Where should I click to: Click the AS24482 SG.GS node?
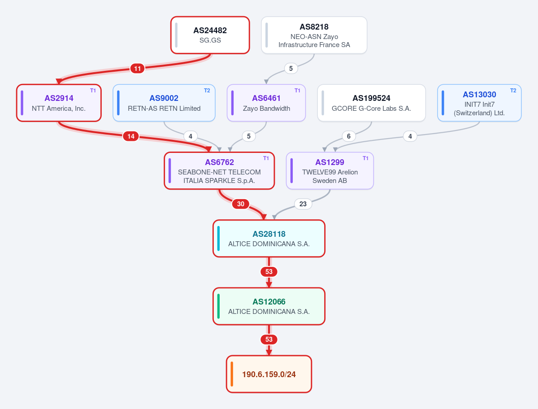pos(210,35)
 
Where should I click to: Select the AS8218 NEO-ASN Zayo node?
pos(314,35)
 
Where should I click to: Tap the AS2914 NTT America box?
pos(59,103)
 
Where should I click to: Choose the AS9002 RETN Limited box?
pos(164,103)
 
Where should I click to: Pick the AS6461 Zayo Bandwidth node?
pos(266,103)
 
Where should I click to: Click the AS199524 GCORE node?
pos(371,103)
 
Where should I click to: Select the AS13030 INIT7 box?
pos(479,103)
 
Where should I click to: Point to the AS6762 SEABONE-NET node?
pos(219,171)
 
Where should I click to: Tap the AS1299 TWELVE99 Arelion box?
pos(330,171)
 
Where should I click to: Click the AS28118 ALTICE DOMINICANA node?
pos(269,239)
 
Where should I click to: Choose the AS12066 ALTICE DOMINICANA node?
pos(269,306)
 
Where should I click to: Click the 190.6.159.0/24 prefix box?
pos(269,374)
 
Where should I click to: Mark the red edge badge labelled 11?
pos(138,68)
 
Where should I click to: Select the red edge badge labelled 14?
pos(131,136)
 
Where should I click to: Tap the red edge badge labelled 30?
pos(241,204)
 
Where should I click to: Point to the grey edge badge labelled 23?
pos(303,204)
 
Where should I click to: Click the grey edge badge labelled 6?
pos(349,136)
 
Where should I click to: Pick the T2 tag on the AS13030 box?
pos(513,91)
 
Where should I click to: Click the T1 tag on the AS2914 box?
pos(93,91)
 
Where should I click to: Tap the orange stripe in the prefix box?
pos(232,374)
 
